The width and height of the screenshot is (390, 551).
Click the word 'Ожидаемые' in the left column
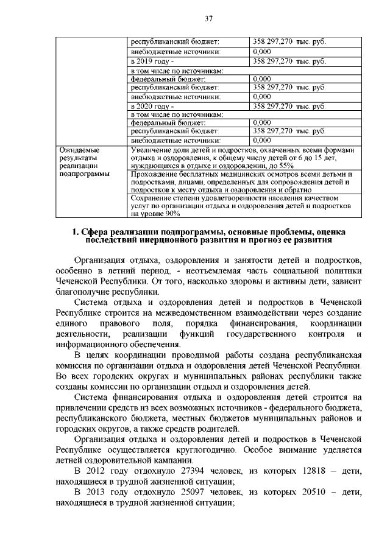(77, 149)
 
